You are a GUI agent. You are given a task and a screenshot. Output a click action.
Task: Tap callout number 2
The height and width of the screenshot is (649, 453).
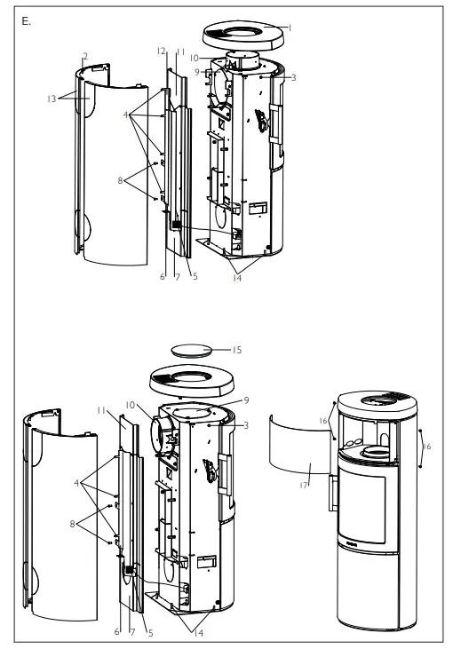(84, 56)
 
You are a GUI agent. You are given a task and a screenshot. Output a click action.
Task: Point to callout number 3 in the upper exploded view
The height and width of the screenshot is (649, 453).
(292, 78)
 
